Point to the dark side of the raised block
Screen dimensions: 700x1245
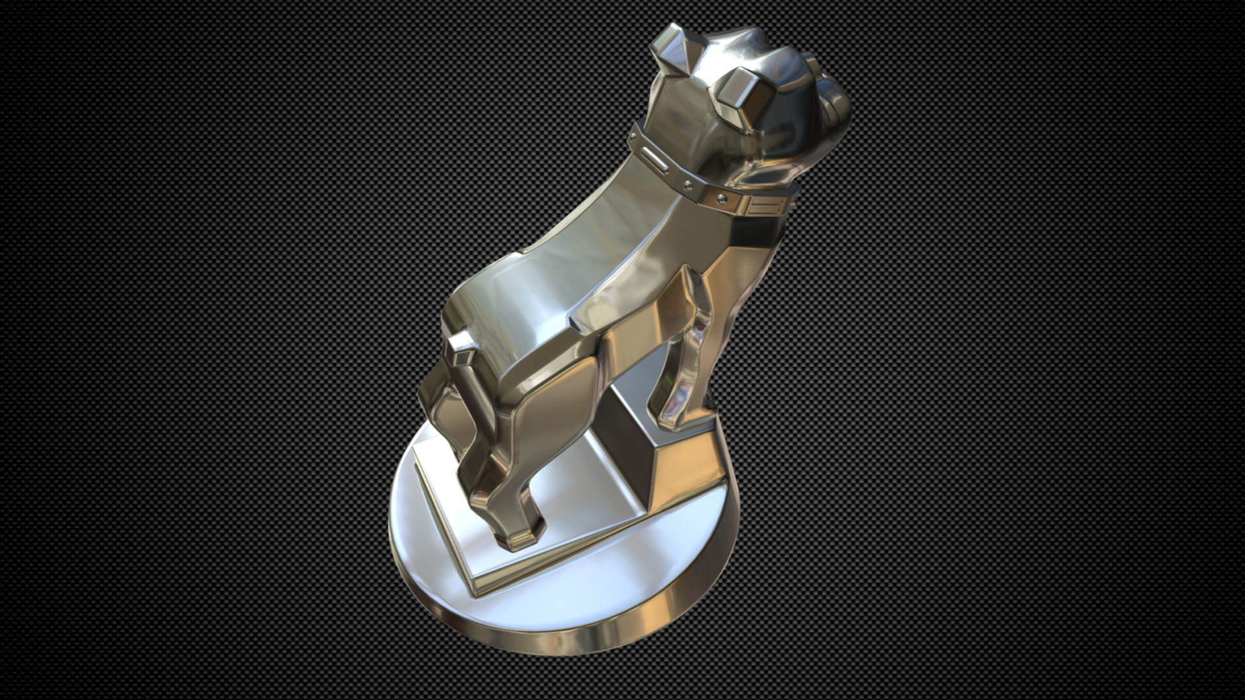pyautogui.click(x=632, y=467)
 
